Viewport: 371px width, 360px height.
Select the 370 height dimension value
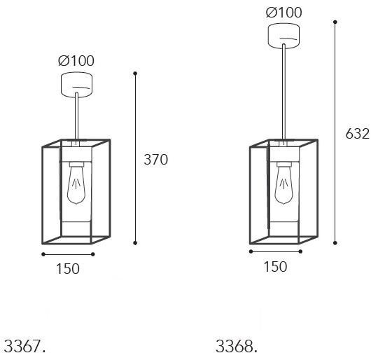pyautogui.click(x=155, y=160)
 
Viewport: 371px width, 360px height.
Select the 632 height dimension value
pyautogui.click(x=358, y=134)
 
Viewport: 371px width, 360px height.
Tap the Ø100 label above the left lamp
pyautogui.click(x=76, y=61)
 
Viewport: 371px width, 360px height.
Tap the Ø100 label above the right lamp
pyautogui.click(x=283, y=13)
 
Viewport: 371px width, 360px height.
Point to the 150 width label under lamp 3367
pyautogui.click(x=67, y=268)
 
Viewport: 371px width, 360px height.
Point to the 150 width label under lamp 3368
pyautogui.click(x=275, y=266)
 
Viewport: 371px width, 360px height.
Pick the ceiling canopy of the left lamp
pyautogui.click(x=76, y=84)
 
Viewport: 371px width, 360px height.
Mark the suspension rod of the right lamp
pyautogui.click(x=283, y=91)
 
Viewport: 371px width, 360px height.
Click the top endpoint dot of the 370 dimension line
pyautogui.click(x=135, y=73)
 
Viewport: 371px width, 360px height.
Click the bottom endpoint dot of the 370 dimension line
pyautogui.click(x=135, y=243)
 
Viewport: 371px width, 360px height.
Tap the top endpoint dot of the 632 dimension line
pyautogui.click(x=337, y=22)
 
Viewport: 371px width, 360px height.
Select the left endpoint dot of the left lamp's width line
pyautogui.click(x=43, y=254)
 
